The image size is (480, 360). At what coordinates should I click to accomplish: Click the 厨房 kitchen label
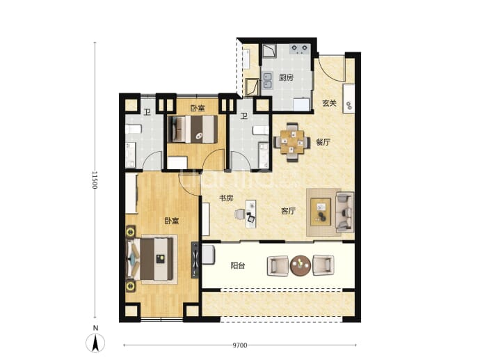click(286, 78)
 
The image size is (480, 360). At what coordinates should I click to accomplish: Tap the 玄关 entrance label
click(329, 103)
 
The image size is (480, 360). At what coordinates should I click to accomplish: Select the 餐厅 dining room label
click(323, 142)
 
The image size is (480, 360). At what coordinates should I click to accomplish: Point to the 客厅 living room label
click(288, 211)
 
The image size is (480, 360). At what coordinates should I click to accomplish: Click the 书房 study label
click(226, 198)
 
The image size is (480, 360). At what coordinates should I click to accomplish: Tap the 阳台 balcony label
click(237, 265)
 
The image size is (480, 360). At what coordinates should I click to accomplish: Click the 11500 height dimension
click(95, 180)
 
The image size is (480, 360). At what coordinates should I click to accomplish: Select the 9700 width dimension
click(240, 345)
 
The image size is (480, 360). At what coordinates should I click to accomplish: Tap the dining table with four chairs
click(292, 142)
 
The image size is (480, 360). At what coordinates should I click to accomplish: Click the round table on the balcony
click(301, 265)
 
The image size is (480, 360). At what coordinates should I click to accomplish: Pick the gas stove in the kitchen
click(300, 49)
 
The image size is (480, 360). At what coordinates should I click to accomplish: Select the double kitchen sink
click(268, 81)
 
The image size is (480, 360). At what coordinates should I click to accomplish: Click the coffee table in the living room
click(321, 212)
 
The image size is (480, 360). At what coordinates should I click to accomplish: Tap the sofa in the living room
click(344, 212)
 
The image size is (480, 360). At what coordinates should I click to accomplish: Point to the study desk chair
click(240, 214)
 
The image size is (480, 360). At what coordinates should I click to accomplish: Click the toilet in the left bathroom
click(133, 129)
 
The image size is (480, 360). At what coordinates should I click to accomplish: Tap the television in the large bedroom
click(195, 260)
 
